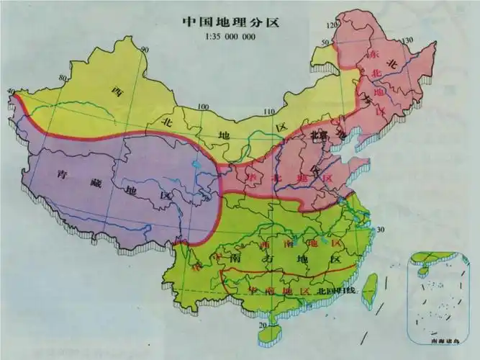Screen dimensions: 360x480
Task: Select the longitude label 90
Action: point(145,49)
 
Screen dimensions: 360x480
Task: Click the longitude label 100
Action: point(204,107)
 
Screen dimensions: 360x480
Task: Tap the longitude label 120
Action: point(332,24)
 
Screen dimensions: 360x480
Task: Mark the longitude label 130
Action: point(410,40)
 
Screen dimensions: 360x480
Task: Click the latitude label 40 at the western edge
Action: point(10,91)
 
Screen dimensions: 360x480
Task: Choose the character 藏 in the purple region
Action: point(96,184)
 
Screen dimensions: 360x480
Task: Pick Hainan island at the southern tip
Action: point(273,317)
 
